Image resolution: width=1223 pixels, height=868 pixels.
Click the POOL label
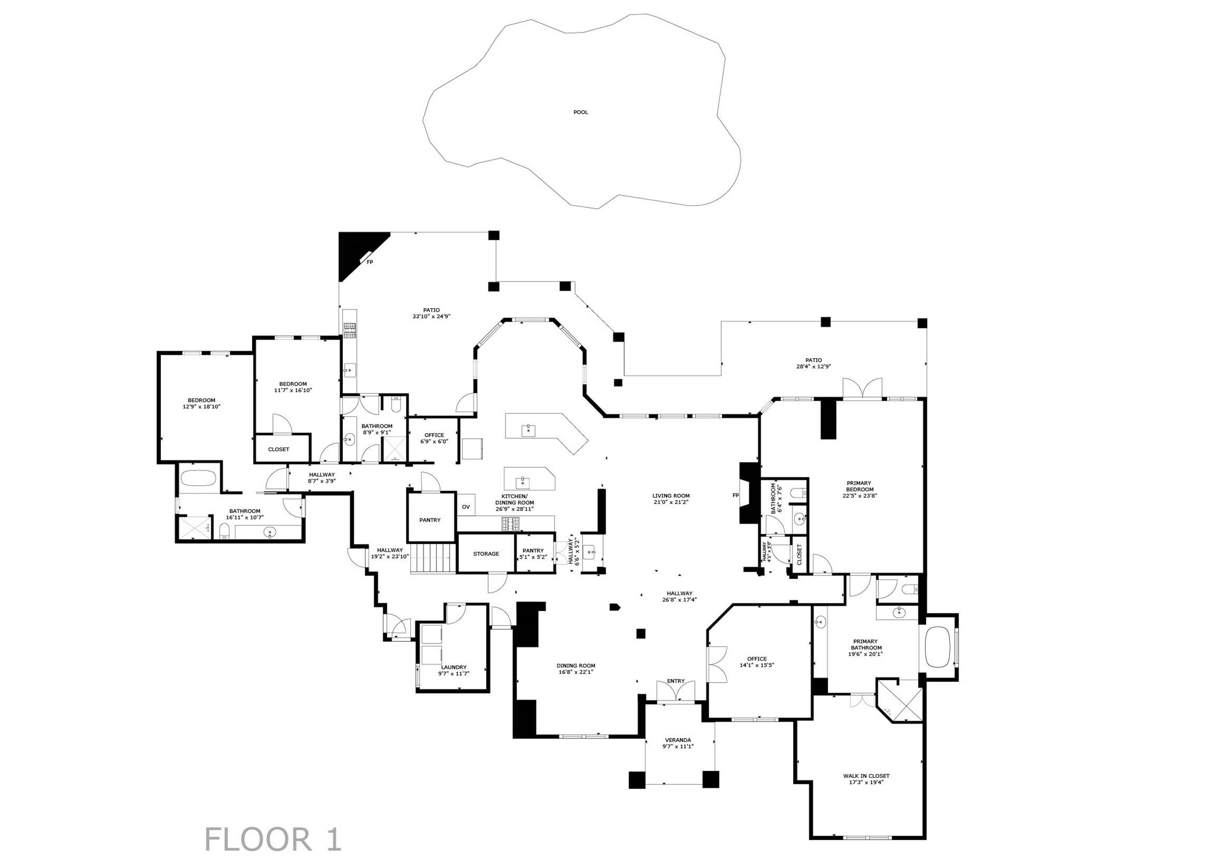(580, 112)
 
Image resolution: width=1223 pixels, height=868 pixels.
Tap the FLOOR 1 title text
(273, 840)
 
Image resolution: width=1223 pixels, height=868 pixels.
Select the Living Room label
(670, 499)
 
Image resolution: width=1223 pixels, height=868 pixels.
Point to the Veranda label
(678, 743)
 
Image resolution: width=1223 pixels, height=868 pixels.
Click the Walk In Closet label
(866, 779)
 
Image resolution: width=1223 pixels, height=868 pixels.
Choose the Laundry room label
(454, 670)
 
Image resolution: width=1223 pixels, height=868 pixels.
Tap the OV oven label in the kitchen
(466, 507)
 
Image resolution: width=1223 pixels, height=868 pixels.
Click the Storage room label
(486, 553)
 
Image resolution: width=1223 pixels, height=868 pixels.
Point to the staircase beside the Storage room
(431, 558)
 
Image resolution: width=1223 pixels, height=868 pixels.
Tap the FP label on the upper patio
(370, 262)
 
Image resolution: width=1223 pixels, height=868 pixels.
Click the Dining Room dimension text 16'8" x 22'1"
(576, 672)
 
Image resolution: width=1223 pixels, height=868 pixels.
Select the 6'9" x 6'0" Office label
(434, 438)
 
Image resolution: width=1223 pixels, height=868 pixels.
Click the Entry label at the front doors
(676, 681)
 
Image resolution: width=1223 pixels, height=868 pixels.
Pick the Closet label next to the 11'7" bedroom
(278, 449)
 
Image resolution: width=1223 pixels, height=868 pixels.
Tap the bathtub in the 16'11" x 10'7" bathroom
(198, 478)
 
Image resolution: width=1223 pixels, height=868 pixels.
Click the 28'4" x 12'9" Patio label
(813, 363)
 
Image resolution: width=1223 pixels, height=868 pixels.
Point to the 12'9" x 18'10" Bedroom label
(201, 403)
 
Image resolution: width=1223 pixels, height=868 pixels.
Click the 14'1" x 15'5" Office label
(756, 662)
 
